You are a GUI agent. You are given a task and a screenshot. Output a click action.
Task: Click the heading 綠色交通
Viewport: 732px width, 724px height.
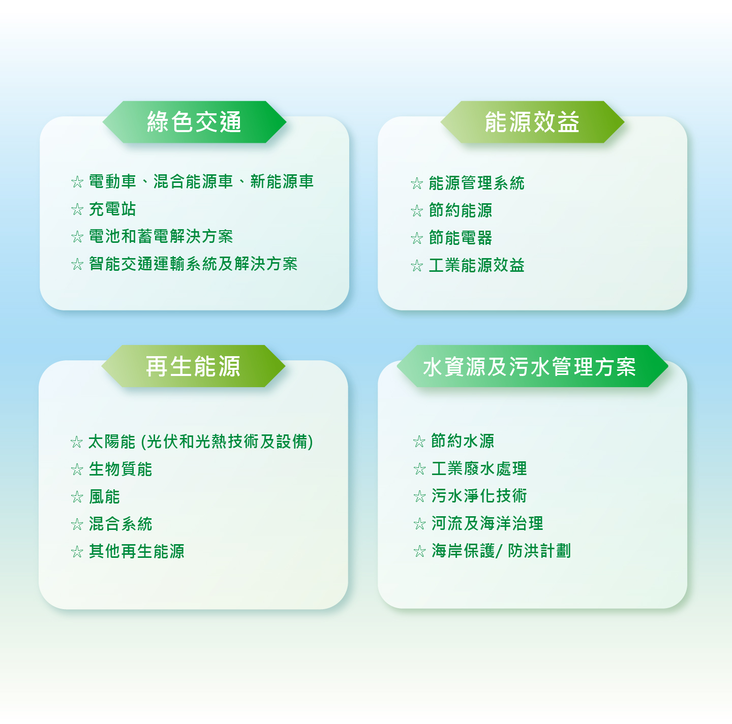tap(194, 122)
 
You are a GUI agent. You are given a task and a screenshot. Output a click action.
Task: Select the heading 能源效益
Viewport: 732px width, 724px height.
tap(532, 122)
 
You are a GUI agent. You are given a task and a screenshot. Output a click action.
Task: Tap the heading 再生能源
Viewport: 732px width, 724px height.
tap(193, 366)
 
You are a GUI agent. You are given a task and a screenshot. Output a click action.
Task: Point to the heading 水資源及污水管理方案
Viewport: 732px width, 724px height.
tap(529, 367)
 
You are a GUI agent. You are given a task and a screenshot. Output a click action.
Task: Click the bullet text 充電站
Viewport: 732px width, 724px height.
tap(112, 209)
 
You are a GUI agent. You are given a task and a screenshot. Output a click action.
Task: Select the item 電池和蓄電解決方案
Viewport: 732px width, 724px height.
tap(161, 236)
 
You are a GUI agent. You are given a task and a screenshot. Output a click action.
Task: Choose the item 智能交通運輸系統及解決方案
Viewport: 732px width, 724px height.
tap(193, 264)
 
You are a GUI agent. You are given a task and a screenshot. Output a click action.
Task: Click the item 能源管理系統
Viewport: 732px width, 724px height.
tap(476, 183)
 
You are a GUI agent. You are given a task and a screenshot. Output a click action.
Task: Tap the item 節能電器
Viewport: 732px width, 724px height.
tap(461, 238)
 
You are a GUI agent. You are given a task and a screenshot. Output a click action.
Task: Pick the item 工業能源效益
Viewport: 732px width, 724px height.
tap(476, 265)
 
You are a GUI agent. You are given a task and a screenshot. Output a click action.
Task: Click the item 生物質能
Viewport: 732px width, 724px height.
tap(120, 469)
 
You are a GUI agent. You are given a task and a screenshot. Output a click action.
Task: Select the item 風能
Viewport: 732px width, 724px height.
tap(105, 496)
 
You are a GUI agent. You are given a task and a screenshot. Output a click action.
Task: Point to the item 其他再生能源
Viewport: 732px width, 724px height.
tap(137, 551)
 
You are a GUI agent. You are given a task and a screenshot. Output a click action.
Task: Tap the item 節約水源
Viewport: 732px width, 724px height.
tap(463, 441)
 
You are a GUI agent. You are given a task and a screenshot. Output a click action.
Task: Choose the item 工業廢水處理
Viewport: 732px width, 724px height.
tap(479, 468)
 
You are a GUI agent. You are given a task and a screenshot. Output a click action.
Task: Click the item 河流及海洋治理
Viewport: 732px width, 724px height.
tap(487, 523)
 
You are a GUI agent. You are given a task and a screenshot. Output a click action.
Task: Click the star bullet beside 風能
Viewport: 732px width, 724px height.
tap(77, 497)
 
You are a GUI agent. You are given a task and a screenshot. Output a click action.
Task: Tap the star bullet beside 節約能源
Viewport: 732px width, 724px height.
tap(417, 211)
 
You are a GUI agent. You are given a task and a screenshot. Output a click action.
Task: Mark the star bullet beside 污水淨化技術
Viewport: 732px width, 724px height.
tap(419, 496)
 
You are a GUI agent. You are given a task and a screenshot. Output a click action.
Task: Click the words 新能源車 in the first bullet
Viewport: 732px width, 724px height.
tap(282, 181)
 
